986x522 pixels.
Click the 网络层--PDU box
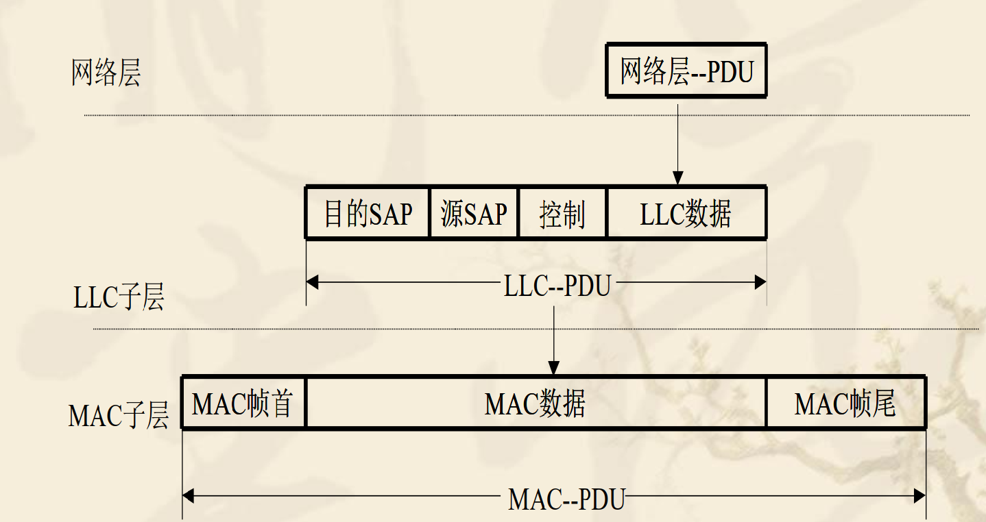coord(686,71)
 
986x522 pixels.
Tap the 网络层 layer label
coord(106,73)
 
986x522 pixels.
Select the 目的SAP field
coord(368,214)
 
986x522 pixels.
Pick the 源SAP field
coord(474,214)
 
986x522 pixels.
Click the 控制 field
coord(562,214)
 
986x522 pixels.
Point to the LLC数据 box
coord(686,214)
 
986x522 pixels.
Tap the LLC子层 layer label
coord(119,299)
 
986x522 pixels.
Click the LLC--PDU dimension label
coord(557,286)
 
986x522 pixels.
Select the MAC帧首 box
coord(243,403)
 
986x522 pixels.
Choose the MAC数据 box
coord(536,403)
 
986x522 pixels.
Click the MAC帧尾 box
coord(845,403)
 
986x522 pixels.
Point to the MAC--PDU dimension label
coord(566,499)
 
